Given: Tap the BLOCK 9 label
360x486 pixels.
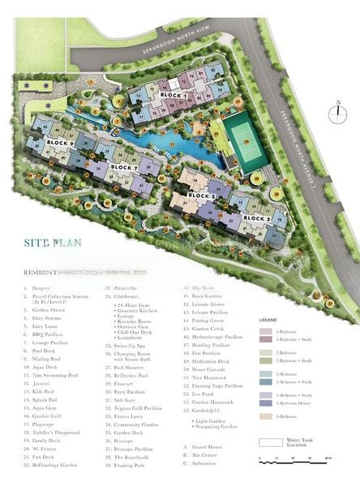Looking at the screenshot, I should click(60, 143).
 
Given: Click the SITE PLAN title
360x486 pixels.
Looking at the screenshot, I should click(52, 241).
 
